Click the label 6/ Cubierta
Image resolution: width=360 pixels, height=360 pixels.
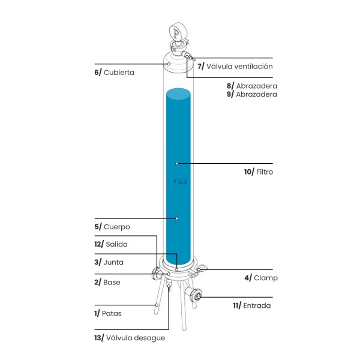coord(114,72)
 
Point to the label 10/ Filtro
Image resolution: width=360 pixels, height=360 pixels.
coord(259,172)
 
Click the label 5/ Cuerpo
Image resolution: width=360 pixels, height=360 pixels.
coord(112,227)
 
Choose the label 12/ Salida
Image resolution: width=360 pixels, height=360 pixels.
coord(111,244)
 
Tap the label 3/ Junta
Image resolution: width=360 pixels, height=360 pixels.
coord(109,262)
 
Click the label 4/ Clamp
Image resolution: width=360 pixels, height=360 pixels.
coord(260,278)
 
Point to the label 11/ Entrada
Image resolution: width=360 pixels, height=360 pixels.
coord(252,305)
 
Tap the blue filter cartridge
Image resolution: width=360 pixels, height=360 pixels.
coord(178,180)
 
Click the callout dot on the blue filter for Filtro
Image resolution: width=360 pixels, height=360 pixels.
coord(177,163)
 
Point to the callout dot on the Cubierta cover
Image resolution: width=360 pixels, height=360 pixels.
coord(169,64)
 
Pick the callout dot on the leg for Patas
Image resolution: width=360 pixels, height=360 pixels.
coord(157,305)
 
